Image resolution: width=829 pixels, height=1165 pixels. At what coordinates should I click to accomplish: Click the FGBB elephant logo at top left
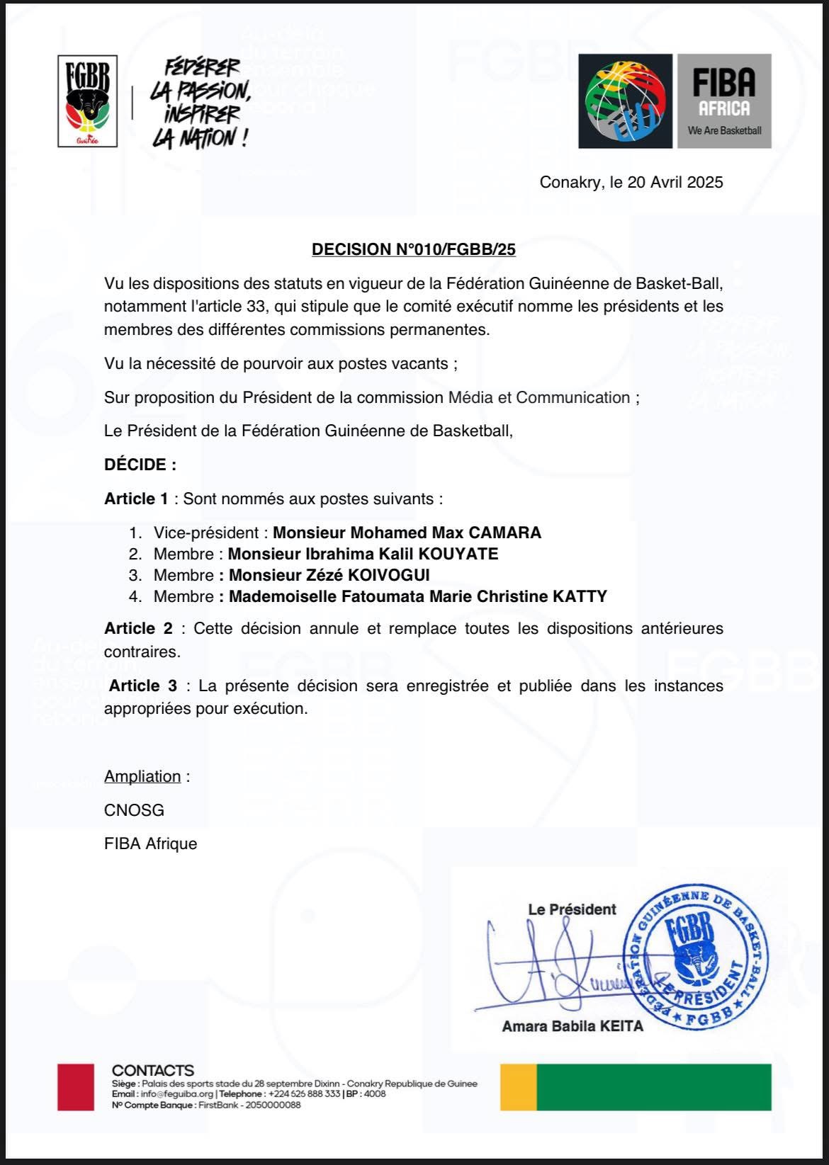click(87, 101)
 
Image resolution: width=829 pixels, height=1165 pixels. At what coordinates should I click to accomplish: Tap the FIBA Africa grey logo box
click(723, 101)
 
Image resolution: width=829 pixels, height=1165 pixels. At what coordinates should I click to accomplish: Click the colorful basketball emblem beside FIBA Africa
click(625, 101)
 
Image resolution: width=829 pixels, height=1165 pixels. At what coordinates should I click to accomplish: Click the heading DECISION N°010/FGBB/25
click(414, 249)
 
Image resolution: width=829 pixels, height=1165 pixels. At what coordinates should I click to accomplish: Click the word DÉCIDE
click(140, 465)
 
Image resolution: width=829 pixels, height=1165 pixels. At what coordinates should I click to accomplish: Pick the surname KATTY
click(580, 596)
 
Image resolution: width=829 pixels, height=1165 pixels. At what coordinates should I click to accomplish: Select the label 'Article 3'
click(143, 686)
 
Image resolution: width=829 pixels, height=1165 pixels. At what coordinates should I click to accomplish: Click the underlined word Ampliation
click(142, 776)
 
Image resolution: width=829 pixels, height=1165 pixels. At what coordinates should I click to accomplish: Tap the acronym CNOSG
click(134, 810)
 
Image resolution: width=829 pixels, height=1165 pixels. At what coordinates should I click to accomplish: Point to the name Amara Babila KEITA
click(573, 1025)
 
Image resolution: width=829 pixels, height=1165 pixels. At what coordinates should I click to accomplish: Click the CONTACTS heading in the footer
click(152, 1070)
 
